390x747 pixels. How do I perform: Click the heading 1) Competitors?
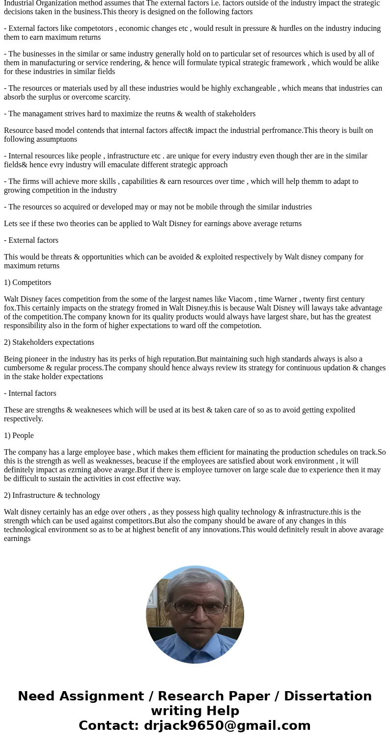[x=28, y=283]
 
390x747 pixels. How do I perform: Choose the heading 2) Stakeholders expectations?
[x=49, y=342]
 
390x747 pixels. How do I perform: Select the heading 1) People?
[x=19, y=436]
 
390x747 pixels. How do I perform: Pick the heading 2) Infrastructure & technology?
[x=52, y=495]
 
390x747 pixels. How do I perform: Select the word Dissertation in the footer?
[x=328, y=696]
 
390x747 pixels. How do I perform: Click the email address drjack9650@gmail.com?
[x=227, y=726]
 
